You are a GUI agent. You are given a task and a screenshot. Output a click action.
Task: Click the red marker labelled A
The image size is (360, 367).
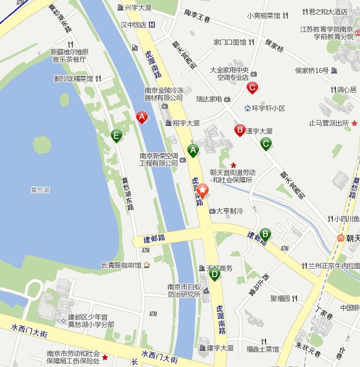(142, 116)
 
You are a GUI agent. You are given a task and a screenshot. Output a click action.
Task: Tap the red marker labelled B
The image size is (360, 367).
(240, 129)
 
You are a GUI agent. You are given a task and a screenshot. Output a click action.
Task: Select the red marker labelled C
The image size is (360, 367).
(252, 88)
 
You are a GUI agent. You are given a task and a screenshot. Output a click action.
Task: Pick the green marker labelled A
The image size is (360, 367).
(193, 150)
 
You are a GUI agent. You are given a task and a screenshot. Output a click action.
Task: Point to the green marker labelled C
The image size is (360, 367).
(266, 143)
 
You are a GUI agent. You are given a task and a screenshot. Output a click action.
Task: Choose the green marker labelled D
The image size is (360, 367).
(214, 274)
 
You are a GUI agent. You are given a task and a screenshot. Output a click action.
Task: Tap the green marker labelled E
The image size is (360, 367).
(116, 135)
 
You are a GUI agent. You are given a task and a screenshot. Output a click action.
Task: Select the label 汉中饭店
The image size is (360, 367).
(133, 25)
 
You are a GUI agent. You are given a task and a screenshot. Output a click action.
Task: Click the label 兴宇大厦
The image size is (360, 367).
(138, 7)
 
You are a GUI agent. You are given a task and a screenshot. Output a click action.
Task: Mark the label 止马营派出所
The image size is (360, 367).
(329, 123)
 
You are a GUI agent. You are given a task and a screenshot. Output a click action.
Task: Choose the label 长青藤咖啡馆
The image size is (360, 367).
(122, 265)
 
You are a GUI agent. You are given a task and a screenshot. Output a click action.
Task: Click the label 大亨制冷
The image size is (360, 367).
(229, 211)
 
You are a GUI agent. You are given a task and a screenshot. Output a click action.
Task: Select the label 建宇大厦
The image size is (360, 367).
(220, 348)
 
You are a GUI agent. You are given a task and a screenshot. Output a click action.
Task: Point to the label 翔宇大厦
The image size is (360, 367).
(186, 123)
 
